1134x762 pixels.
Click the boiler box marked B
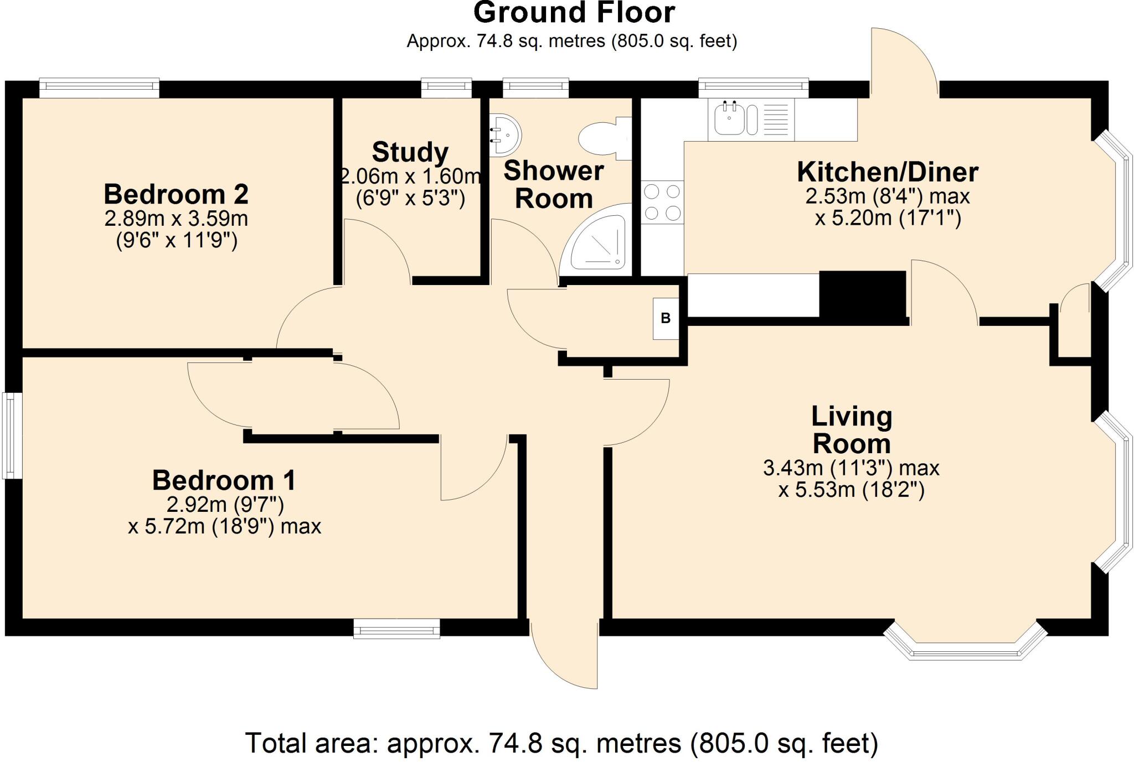[x=666, y=318]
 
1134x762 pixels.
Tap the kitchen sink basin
[x=729, y=120]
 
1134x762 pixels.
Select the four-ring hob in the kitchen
[x=662, y=203]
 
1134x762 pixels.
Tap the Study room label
[x=410, y=152]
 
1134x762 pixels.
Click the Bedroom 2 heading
[x=176, y=194]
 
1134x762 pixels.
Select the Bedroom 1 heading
[x=224, y=480]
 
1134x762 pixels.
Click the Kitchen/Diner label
[x=888, y=172]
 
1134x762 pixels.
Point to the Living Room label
[x=852, y=430]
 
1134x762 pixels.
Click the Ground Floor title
[x=574, y=13]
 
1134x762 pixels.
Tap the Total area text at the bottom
[x=561, y=743]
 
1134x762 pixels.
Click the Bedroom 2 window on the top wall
[x=100, y=89]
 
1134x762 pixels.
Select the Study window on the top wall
[x=446, y=89]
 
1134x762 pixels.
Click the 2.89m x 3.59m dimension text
[x=176, y=219]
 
